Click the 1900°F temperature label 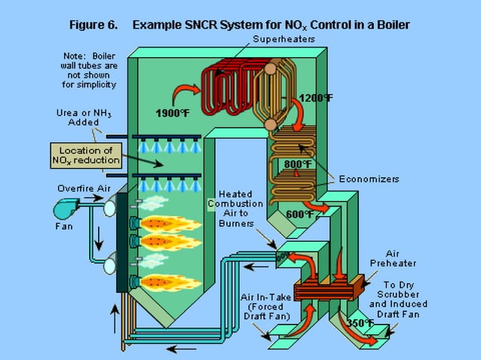[173, 114]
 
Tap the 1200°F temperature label [316, 98]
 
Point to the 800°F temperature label [299, 164]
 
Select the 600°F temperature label [300, 214]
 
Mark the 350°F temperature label [360, 323]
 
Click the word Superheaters [283, 38]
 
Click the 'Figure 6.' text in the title [93, 24]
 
